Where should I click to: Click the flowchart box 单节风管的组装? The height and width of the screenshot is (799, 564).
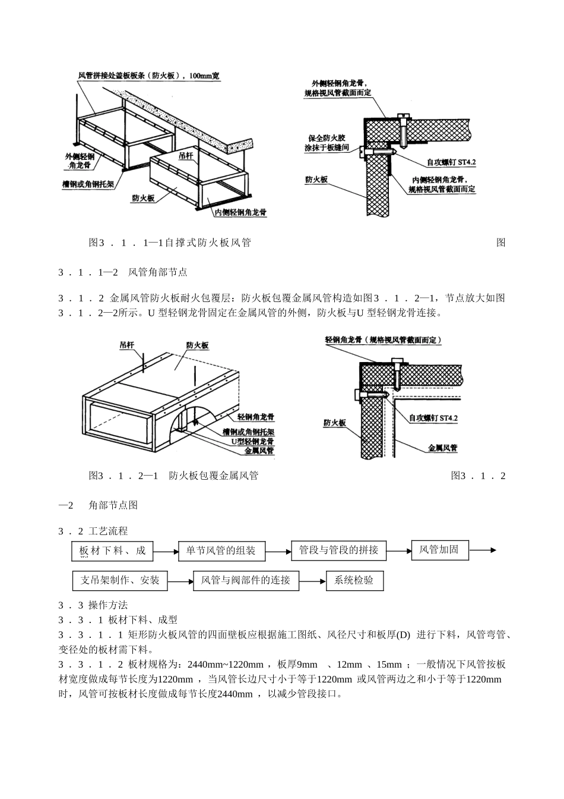click(221, 551)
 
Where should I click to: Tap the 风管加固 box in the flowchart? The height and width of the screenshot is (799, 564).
click(439, 549)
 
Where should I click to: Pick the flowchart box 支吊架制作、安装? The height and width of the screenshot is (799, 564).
click(120, 580)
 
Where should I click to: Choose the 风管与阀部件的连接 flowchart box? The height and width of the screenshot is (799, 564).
click(246, 580)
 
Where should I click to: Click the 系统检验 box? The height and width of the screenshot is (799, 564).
click(354, 580)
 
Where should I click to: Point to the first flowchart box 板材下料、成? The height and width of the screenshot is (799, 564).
click(112, 551)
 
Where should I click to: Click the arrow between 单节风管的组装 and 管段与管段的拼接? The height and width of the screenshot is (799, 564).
click(278, 551)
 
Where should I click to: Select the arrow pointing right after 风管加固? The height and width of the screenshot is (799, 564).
click(483, 550)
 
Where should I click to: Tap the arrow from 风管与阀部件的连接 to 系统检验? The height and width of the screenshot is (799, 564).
click(312, 581)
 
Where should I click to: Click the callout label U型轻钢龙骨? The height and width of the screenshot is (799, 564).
click(252, 442)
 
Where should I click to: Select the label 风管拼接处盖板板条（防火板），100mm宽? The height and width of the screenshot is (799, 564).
click(149, 76)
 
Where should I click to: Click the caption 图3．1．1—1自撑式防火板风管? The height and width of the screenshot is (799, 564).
click(170, 243)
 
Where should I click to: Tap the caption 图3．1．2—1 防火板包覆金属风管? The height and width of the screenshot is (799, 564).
click(173, 476)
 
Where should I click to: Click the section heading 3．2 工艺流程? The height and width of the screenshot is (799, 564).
click(93, 531)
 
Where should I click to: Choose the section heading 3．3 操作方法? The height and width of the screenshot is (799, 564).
click(93, 605)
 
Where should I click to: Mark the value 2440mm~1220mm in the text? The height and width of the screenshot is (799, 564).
click(225, 665)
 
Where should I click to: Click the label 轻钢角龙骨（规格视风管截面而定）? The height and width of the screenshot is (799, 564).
click(384, 340)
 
